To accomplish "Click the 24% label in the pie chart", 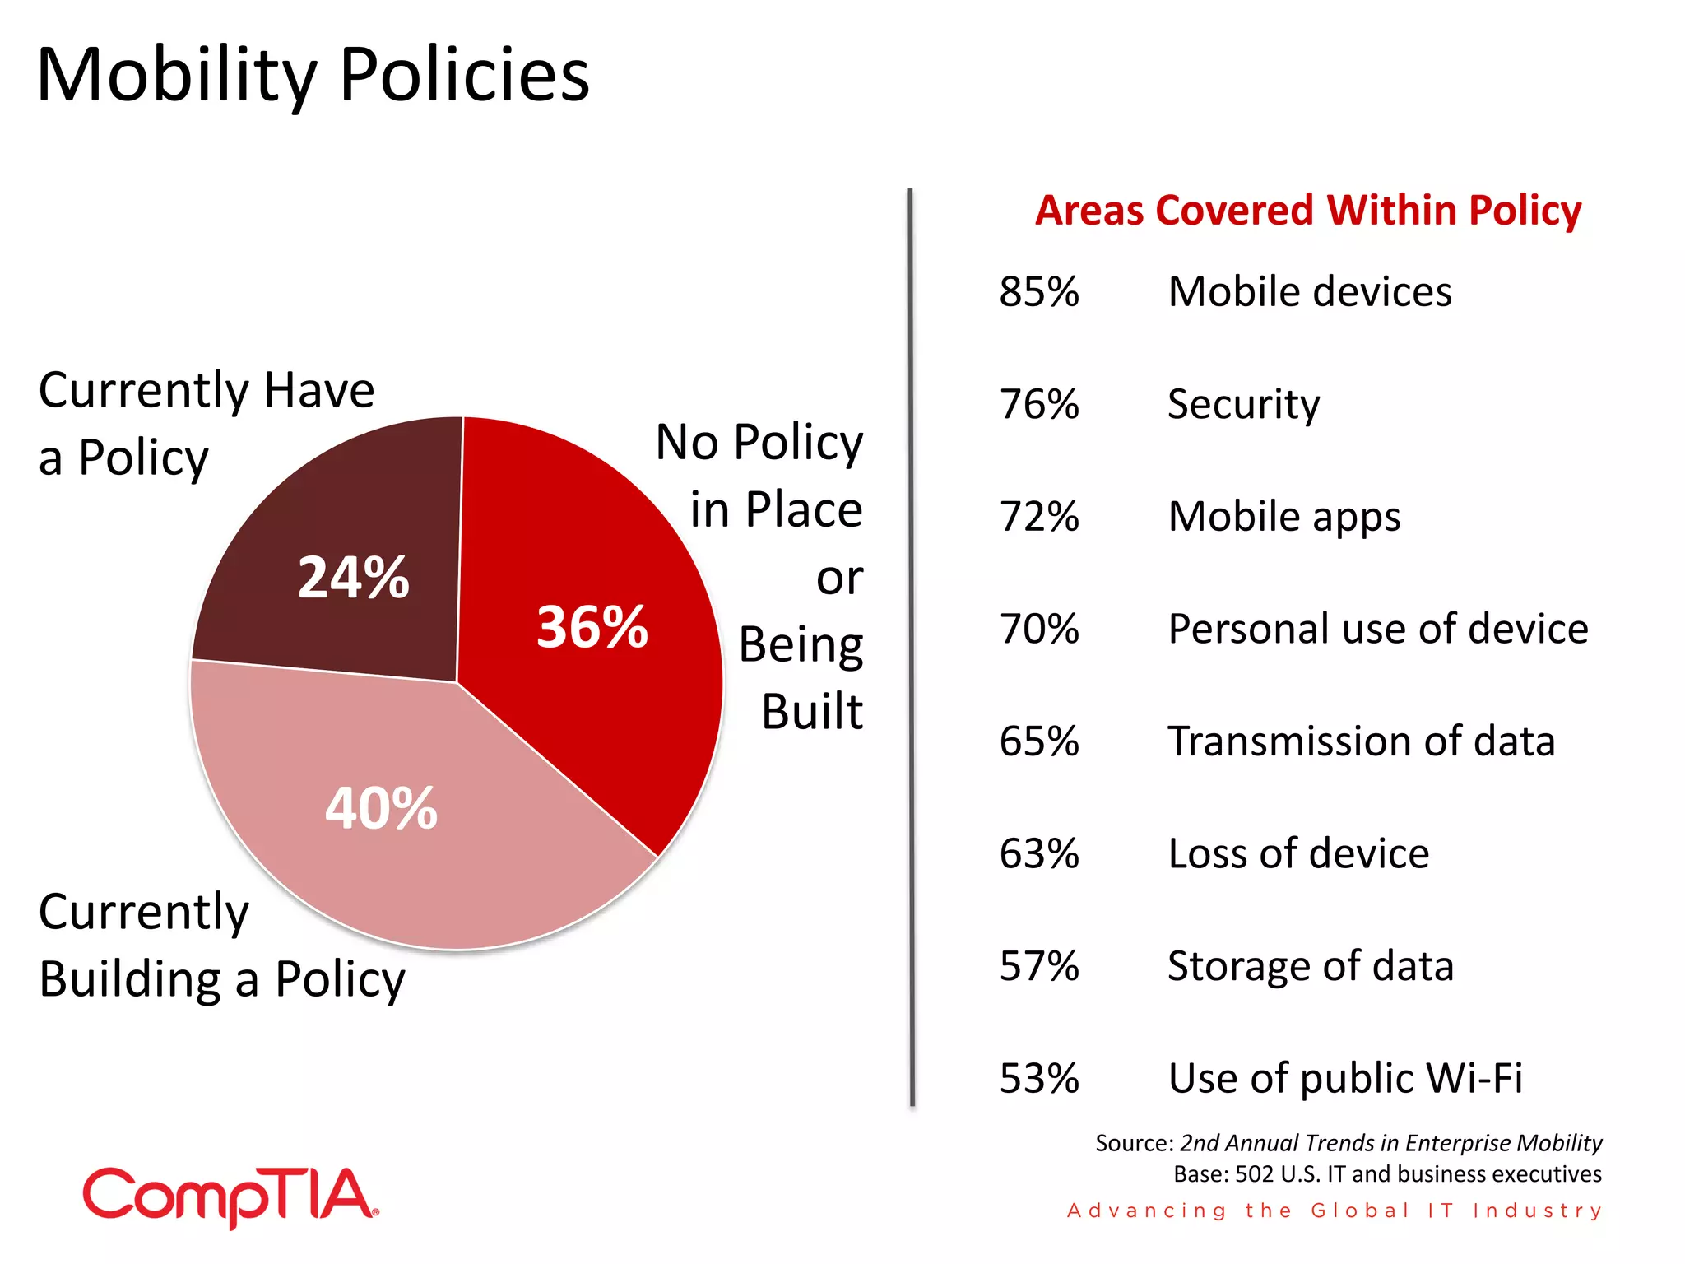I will point(353,577).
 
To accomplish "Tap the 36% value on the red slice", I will point(592,627).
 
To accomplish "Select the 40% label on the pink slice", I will point(381,808).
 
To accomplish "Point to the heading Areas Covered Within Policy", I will point(1307,210).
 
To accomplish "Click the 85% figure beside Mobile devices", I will point(1038,291).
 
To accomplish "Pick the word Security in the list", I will point(1243,404).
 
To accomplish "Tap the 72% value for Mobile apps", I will point(1038,517).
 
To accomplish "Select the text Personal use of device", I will point(1377,629).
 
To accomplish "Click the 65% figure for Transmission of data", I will point(1038,741).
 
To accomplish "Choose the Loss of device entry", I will point(1297,853).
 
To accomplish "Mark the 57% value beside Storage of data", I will point(1038,965).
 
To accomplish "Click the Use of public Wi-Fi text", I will point(1344,1078).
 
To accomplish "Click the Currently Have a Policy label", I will point(206,423).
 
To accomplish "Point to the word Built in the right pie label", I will point(811,711).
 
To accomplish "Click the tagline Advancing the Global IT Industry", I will point(1334,1211).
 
